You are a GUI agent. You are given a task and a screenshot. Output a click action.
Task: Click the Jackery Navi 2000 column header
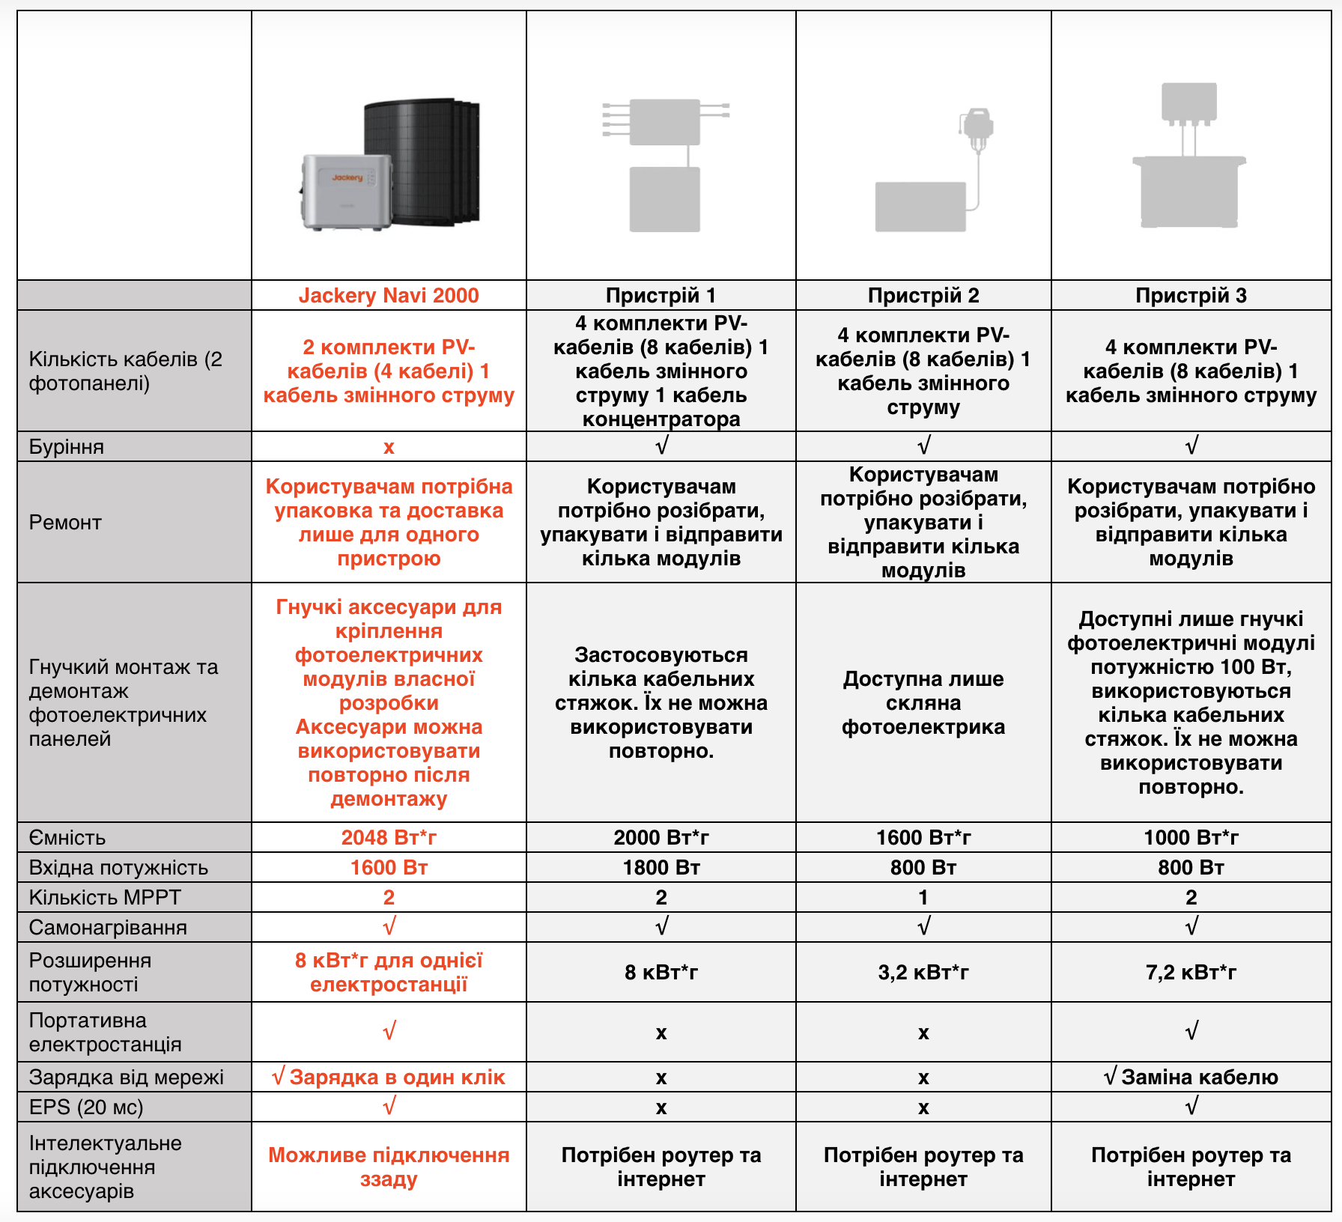click(389, 296)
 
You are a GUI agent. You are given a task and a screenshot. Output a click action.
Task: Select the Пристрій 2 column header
click(923, 296)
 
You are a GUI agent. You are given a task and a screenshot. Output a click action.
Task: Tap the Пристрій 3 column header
click(1191, 296)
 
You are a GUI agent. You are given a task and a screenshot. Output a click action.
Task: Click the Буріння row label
click(67, 447)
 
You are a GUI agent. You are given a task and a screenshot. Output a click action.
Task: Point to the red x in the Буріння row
click(389, 448)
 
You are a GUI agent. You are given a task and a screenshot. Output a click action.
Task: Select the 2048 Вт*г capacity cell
click(389, 837)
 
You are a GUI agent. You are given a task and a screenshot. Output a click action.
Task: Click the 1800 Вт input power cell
click(661, 867)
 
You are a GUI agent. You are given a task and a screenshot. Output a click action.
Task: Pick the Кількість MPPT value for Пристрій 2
click(923, 897)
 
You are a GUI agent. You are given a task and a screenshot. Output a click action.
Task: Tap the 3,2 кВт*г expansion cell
click(923, 972)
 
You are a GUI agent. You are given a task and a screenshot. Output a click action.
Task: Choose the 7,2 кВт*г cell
click(1191, 972)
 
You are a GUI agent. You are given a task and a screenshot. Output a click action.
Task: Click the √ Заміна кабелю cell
click(1191, 1077)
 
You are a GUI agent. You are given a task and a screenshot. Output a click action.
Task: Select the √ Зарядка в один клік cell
click(389, 1077)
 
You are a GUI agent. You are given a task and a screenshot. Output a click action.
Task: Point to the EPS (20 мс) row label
click(86, 1107)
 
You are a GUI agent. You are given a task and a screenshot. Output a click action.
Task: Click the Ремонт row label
click(65, 523)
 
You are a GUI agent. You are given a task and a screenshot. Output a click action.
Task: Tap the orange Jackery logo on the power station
click(347, 177)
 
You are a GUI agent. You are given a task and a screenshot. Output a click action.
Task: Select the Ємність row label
click(67, 837)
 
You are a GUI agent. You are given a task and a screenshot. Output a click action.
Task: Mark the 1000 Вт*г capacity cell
click(1191, 837)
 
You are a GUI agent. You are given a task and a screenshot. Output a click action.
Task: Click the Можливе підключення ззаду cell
click(389, 1167)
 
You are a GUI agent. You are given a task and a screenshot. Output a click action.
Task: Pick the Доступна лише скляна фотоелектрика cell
click(923, 702)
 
